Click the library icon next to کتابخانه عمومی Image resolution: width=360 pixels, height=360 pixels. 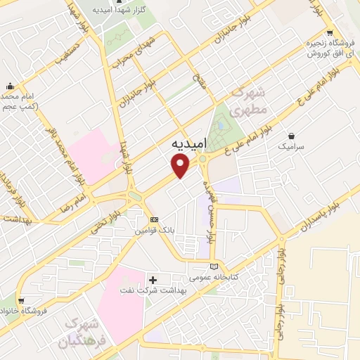click(x=214, y=266)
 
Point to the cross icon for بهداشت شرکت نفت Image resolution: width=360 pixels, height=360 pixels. click(x=153, y=280)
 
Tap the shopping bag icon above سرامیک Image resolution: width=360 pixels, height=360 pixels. click(x=292, y=136)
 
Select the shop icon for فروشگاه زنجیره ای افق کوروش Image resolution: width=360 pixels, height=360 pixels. click(x=330, y=34)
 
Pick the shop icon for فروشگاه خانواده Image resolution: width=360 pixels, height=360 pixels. click(x=21, y=300)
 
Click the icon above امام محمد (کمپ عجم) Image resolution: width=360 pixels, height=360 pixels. click(x=11, y=86)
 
